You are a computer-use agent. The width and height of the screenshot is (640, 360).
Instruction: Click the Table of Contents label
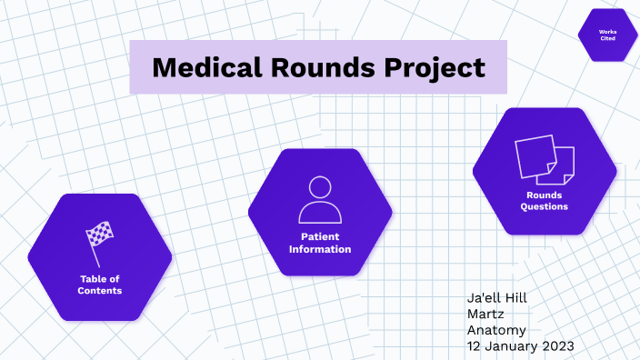click(99, 285)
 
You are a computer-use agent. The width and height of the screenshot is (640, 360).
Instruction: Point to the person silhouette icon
click(320, 201)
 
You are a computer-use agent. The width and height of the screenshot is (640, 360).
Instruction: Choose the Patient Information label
click(320, 243)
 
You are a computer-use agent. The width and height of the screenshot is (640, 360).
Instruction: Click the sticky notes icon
click(545, 158)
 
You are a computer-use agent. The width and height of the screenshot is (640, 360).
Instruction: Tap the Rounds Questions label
click(544, 201)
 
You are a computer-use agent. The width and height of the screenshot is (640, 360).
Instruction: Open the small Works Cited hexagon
click(607, 35)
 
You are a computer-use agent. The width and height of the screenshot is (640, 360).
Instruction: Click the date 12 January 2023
click(520, 347)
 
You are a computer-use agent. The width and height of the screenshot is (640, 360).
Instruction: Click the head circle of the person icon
click(320, 189)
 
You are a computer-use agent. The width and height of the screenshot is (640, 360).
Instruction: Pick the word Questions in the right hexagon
click(544, 206)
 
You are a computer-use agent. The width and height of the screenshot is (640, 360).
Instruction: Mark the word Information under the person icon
click(320, 249)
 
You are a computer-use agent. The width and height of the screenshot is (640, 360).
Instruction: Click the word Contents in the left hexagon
click(99, 291)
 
